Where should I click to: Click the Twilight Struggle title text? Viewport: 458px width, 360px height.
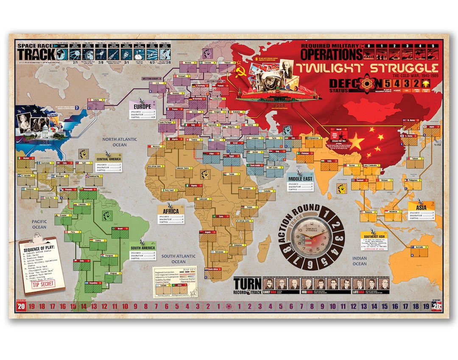click(367, 68)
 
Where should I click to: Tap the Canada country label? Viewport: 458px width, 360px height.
click(95, 100)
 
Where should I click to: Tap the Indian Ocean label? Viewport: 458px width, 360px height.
click(359, 261)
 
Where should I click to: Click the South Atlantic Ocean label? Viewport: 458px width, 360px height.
click(178, 259)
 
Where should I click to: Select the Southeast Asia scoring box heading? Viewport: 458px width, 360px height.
click(374, 234)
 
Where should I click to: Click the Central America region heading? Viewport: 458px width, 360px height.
click(109, 160)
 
